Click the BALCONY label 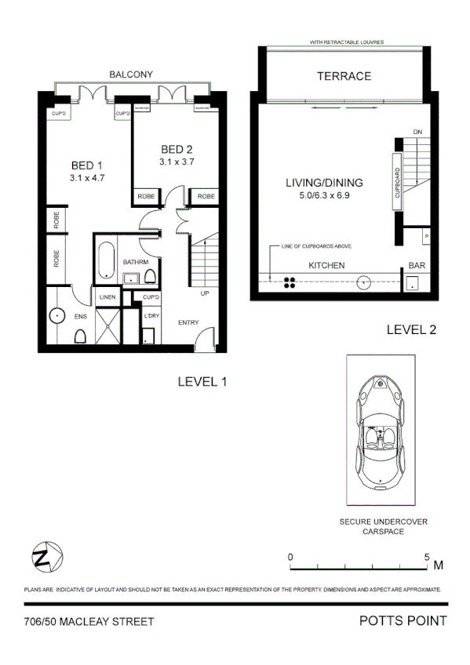[x=131, y=74]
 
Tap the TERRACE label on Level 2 [x=343, y=76]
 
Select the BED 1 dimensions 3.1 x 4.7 [x=86, y=178]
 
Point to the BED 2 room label [x=177, y=150]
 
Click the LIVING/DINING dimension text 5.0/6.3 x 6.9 [x=317, y=195]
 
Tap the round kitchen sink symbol [x=364, y=283]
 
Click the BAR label [x=417, y=266]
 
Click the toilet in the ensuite [x=80, y=336]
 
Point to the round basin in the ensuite [x=56, y=317]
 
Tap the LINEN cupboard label [x=107, y=297]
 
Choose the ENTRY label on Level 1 [x=189, y=322]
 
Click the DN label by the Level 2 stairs [x=417, y=132]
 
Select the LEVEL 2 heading [x=411, y=330]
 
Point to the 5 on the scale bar [x=427, y=557]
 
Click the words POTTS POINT [x=403, y=621]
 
